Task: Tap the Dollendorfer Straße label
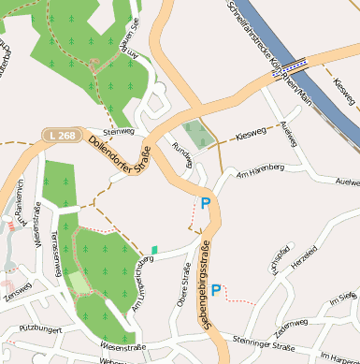(x=120, y=155)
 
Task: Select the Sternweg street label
(x=120, y=133)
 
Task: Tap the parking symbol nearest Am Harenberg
(x=206, y=202)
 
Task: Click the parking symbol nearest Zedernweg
(x=216, y=291)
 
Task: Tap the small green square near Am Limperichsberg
(x=154, y=249)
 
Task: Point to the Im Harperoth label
(x=338, y=357)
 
